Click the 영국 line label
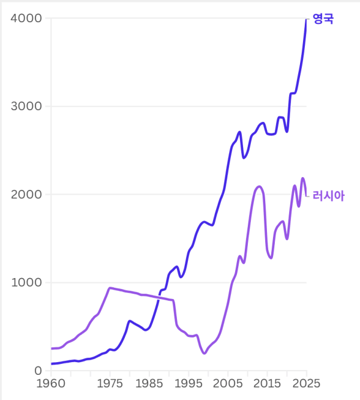(323, 19)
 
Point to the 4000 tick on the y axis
(26, 19)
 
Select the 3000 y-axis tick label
(26, 107)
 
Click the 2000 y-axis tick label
(26, 195)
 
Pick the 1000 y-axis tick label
(26, 283)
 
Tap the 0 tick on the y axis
(38, 371)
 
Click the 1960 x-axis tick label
(51, 384)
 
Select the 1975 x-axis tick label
(110, 384)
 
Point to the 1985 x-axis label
(149, 384)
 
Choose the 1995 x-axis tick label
(188, 384)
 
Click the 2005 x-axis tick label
(228, 384)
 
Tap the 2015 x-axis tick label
(267, 384)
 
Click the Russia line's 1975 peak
(110, 288)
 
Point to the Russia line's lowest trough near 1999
(204, 353)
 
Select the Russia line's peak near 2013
(259, 186)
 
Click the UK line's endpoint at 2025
(306, 19)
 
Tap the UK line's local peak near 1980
(130, 321)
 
